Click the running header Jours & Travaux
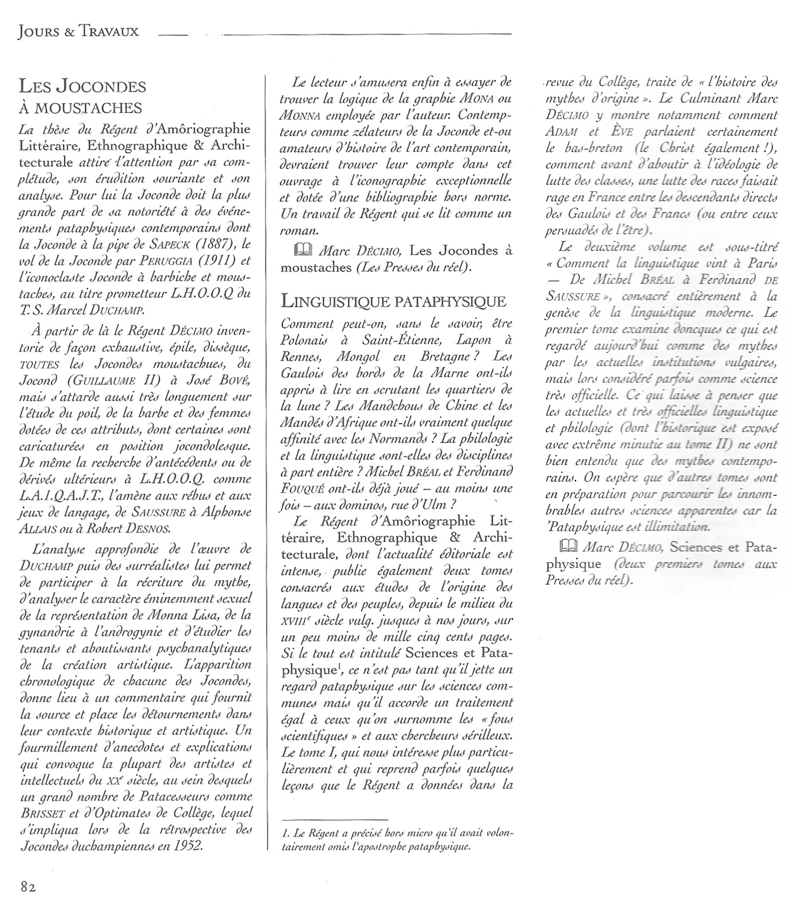[x=78, y=32]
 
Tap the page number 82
[x=28, y=886]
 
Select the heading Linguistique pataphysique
[x=394, y=301]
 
